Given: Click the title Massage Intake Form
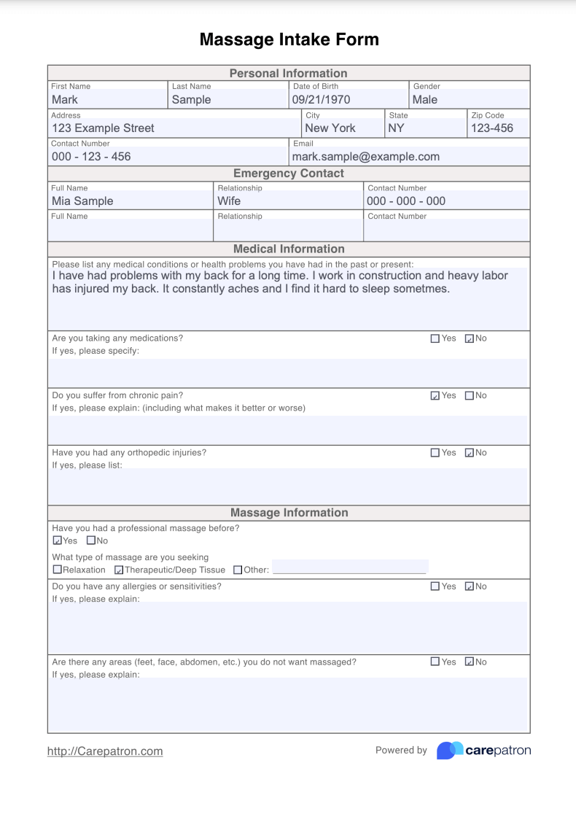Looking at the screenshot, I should point(289,39).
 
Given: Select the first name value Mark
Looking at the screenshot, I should point(65,100).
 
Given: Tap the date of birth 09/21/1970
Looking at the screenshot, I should point(321,100).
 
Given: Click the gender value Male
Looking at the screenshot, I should point(425,100).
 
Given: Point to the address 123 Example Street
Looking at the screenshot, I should point(103,128).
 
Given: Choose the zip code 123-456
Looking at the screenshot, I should point(492,128).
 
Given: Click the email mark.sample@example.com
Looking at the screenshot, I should point(366,157).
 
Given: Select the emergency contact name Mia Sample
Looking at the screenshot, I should point(82,201).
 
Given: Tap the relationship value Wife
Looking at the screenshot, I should point(229,201).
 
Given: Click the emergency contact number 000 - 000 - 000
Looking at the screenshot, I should point(406,201).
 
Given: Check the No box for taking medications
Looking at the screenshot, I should point(470,338).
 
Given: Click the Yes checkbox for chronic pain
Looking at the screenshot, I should point(435,395).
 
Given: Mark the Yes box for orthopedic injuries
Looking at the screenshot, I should point(435,452).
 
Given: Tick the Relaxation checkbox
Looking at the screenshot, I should point(58,570).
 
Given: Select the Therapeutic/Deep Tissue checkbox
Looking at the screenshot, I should point(119,570).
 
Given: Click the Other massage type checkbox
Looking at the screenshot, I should point(238,570).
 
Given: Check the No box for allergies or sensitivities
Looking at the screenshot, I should point(470,586).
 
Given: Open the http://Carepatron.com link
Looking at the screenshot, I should point(105,751).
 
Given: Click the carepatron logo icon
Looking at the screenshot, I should point(450,751).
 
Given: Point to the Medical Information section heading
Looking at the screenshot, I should point(289,249).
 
